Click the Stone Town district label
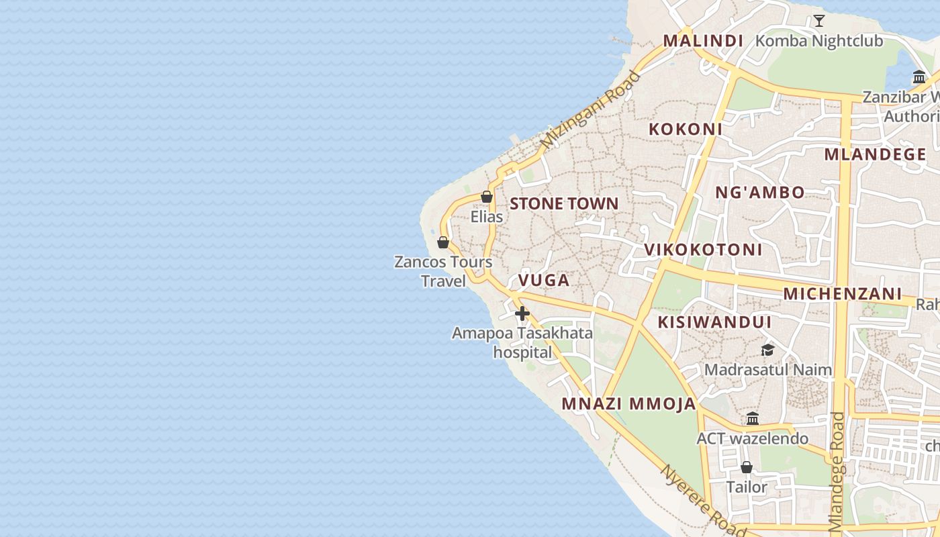point(564,203)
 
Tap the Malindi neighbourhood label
point(703,41)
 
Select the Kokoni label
point(685,129)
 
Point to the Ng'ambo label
point(759,193)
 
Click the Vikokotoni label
point(703,250)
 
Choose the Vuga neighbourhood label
point(544,280)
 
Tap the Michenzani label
point(842,293)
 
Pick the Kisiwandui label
point(714,322)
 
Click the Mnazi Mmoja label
point(628,403)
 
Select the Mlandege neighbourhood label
point(875,154)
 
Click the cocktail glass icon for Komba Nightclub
point(818,21)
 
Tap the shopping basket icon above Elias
point(487,197)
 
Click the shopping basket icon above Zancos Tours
point(442,242)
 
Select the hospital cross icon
point(522,313)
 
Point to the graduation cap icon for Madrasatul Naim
point(767,350)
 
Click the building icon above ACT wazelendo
point(752,418)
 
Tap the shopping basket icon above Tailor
point(746,467)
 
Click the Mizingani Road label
point(591,109)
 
